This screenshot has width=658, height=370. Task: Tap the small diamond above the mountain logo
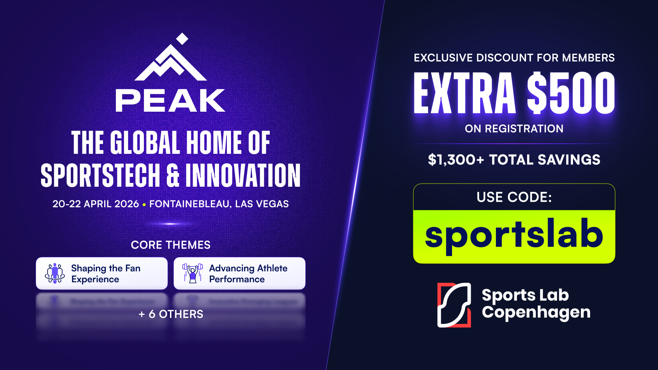pyautogui.click(x=182, y=39)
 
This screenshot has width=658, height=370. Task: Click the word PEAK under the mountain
pyautogui.click(x=170, y=100)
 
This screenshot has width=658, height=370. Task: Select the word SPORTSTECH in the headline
pyautogui.click(x=100, y=175)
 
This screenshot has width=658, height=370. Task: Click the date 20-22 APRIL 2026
pyautogui.click(x=96, y=204)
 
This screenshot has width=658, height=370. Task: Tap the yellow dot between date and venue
pyautogui.click(x=144, y=205)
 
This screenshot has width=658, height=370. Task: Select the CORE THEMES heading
pyautogui.click(x=171, y=245)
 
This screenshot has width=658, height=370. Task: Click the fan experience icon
pyautogui.click(x=55, y=273)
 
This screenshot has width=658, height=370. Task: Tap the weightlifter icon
pyautogui.click(x=193, y=273)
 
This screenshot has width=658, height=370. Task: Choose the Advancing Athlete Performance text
pyautogui.click(x=248, y=273)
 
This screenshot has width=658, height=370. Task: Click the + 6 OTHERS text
pyautogui.click(x=171, y=314)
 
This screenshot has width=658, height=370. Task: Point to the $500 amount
pyautogui.click(x=571, y=93)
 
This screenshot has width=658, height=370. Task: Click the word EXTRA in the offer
pyautogui.click(x=465, y=93)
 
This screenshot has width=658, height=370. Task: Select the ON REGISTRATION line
pyautogui.click(x=514, y=128)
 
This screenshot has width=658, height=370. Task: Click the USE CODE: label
pyautogui.click(x=514, y=197)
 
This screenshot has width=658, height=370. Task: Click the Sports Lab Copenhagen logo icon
pyautogui.click(x=454, y=305)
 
